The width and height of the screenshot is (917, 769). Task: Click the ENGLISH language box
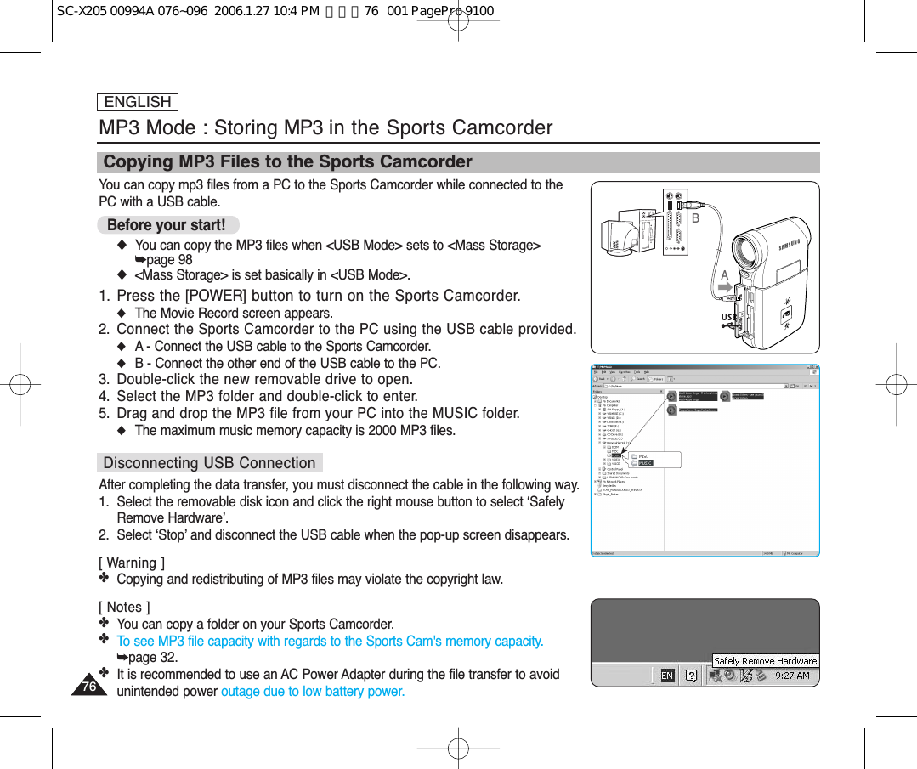click(138, 102)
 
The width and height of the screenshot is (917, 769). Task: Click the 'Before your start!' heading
click(167, 225)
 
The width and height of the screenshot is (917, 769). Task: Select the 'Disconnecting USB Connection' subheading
click(209, 463)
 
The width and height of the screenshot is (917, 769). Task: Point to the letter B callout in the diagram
click(695, 218)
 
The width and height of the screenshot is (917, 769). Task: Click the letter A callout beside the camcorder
click(724, 276)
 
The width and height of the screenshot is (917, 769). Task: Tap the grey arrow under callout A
click(725, 291)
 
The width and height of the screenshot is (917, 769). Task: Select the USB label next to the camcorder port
click(728, 318)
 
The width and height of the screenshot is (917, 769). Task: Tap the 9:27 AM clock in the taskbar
click(792, 676)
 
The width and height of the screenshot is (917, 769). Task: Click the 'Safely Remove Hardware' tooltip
click(765, 660)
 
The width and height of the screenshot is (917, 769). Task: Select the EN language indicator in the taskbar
click(667, 676)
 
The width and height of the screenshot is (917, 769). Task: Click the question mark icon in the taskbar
click(692, 676)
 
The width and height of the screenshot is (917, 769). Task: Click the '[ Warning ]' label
click(132, 563)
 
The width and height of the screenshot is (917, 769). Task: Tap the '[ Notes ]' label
click(124, 607)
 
